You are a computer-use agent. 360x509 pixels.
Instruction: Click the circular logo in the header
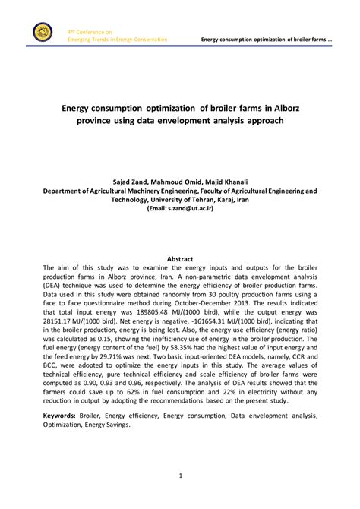(43, 33)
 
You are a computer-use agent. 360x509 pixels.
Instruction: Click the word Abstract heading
(180, 259)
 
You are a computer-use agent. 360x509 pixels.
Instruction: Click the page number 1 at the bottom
(180, 476)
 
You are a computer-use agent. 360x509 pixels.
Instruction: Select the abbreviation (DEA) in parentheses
(56, 291)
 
